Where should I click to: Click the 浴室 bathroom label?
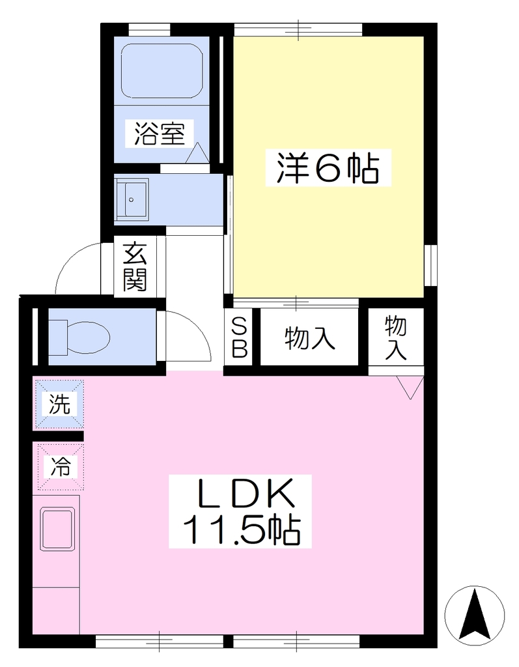pos(160,133)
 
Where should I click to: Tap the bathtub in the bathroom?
pos(161,70)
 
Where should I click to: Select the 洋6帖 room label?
pos(328,167)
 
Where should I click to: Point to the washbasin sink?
pos(132,199)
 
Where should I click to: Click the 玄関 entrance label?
pos(135,266)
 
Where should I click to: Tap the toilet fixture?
pos(79,337)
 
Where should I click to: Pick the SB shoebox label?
pos(239,339)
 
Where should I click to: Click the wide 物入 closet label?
pos(310,338)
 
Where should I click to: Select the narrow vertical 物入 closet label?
pos(396,338)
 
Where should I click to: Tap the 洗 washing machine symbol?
pos(59,404)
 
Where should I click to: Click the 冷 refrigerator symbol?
pos(61,467)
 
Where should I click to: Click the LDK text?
pos(241,494)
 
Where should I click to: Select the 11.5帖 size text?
pos(241,530)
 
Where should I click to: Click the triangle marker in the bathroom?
pos(197,153)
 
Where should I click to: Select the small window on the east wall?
pos(430,266)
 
